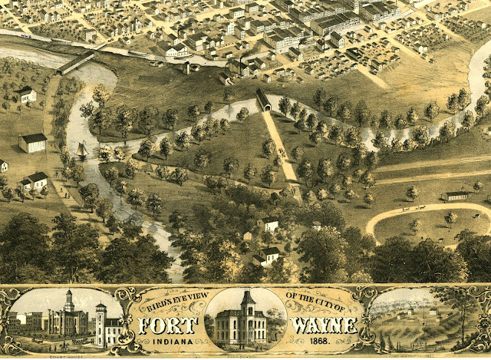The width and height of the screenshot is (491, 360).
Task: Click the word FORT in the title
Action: pyautogui.click(x=170, y=325)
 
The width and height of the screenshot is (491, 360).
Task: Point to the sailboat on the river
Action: pyautogui.click(x=82, y=150)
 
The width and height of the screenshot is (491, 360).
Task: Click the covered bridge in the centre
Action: pyautogui.click(x=263, y=101)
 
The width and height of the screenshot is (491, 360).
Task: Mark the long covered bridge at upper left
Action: pyautogui.click(x=75, y=61)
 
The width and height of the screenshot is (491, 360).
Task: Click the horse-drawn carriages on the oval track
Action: pyautogui.click(x=413, y=208)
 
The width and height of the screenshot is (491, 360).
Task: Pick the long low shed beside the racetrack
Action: pyautogui.click(x=456, y=196)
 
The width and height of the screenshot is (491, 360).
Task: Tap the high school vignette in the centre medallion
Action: pyautogui.click(x=242, y=319)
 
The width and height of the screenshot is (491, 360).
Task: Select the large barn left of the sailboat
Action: pyautogui.click(x=33, y=143)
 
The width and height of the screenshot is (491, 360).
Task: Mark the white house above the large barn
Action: pyautogui.click(x=28, y=94)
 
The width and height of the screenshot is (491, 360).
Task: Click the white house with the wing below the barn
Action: pyautogui.click(x=35, y=181)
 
